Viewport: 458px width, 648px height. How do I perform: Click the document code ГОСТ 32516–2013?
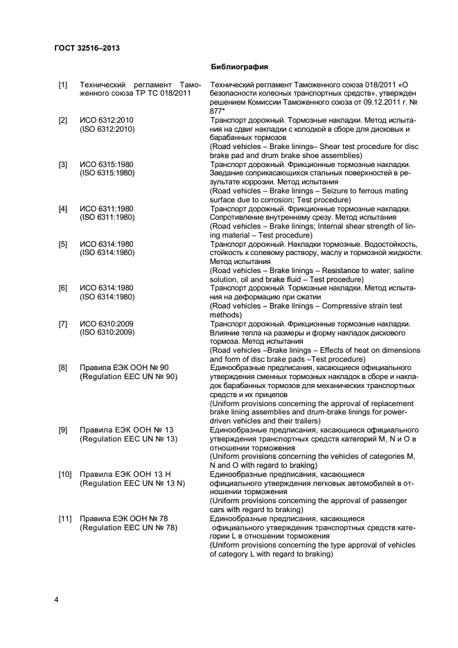87,48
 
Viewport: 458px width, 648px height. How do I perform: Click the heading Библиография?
239,67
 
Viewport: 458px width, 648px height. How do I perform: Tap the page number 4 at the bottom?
57,599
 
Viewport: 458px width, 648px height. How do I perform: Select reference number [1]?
63,85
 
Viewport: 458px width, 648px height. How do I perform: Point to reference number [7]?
63,324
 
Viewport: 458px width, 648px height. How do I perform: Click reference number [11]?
63,518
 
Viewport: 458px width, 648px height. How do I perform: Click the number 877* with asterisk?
220,110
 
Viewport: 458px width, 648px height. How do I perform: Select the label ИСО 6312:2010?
106,121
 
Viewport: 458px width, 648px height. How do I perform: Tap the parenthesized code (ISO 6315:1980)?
107,173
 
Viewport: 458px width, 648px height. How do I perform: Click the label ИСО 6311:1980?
106,209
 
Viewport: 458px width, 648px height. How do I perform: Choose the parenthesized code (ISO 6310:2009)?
107,333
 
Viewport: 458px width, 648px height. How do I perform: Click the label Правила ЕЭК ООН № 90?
124,368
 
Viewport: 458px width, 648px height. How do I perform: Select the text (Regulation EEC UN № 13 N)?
132,483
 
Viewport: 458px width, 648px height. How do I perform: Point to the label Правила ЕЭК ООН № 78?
124,518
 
